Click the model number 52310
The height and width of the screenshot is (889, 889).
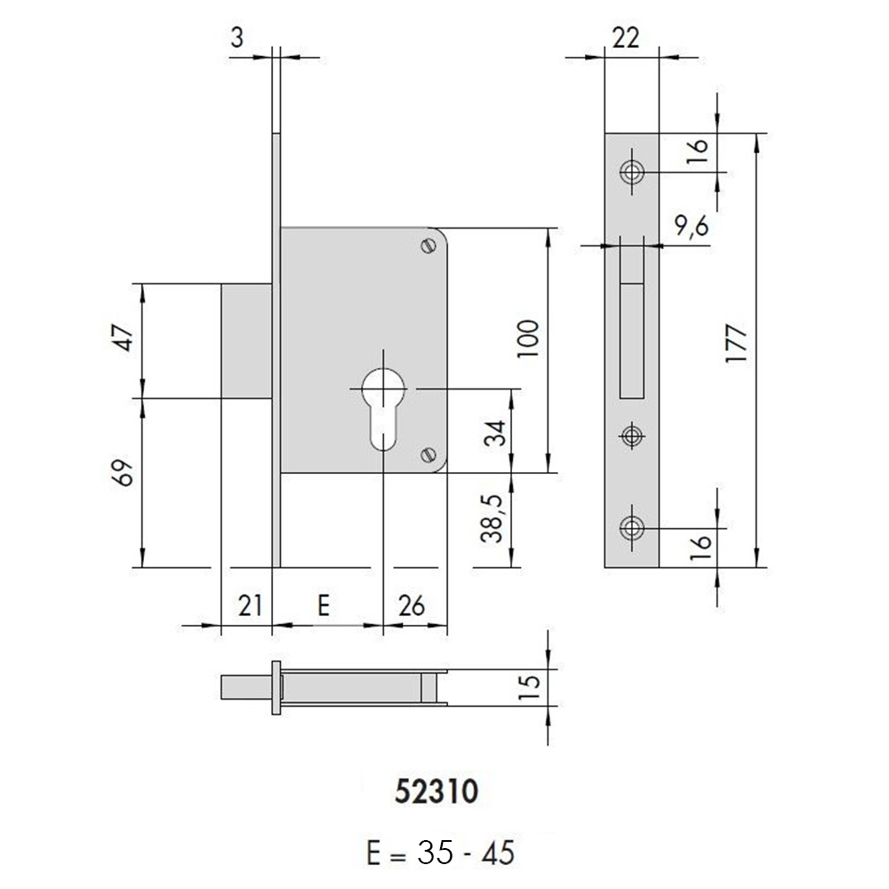(x=436, y=791)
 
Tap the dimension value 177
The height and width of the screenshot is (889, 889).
(x=737, y=344)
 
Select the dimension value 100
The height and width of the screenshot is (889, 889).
(x=528, y=339)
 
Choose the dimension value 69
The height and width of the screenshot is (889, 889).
(x=124, y=472)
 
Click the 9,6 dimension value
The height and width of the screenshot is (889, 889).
(x=692, y=227)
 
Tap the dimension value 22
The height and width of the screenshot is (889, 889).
(x=626, y=38)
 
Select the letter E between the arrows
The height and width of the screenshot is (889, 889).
(x=324, y=605)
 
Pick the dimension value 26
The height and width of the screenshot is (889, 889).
(x=412, y=605)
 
